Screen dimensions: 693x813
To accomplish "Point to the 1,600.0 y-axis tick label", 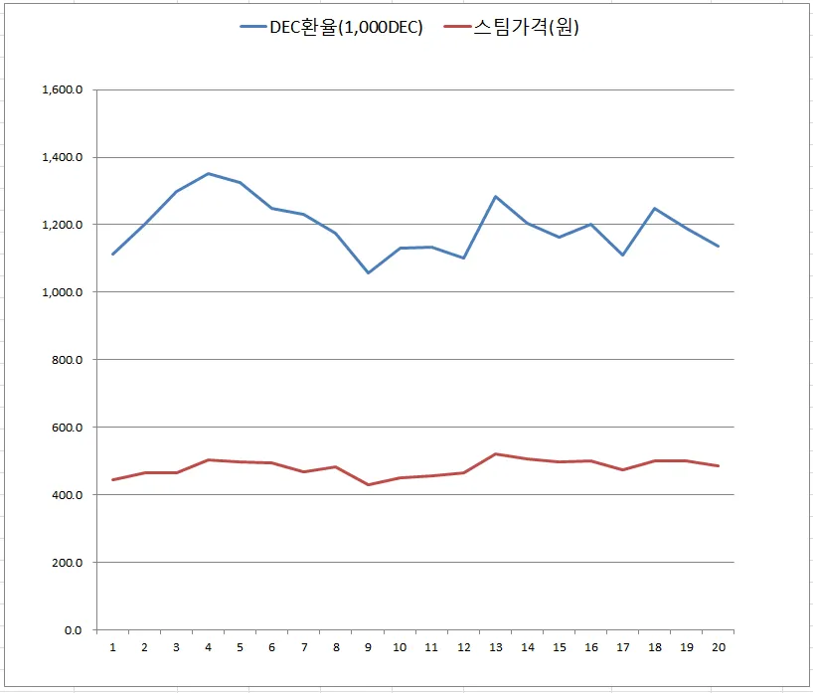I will [62, 90].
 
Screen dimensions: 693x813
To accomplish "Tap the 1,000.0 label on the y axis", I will [62, 292].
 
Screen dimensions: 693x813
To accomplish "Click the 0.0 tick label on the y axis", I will [74, 630].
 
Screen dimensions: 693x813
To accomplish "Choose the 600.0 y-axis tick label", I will [68, 428].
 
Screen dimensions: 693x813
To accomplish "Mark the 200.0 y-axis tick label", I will [68, 563].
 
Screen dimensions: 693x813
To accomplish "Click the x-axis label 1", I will [113, 647].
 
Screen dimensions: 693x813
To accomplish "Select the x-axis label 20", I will [718, 647].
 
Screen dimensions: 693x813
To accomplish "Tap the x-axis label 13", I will [495, 647].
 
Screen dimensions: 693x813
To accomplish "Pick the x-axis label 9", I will [368, 647].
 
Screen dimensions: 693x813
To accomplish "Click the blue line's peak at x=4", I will [209, 174].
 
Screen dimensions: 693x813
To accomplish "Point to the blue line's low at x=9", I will [368, 272].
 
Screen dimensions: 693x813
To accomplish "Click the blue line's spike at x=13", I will [495, 197].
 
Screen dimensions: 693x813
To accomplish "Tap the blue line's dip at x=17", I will [622, 256].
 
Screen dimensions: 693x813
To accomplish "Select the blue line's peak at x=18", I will [654, 209].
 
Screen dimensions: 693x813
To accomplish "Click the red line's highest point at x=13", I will [495, 454].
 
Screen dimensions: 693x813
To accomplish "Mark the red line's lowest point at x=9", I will [368, 485].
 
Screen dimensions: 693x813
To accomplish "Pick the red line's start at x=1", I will [113, 480].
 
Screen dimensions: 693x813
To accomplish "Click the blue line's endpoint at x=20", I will [718, 247].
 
